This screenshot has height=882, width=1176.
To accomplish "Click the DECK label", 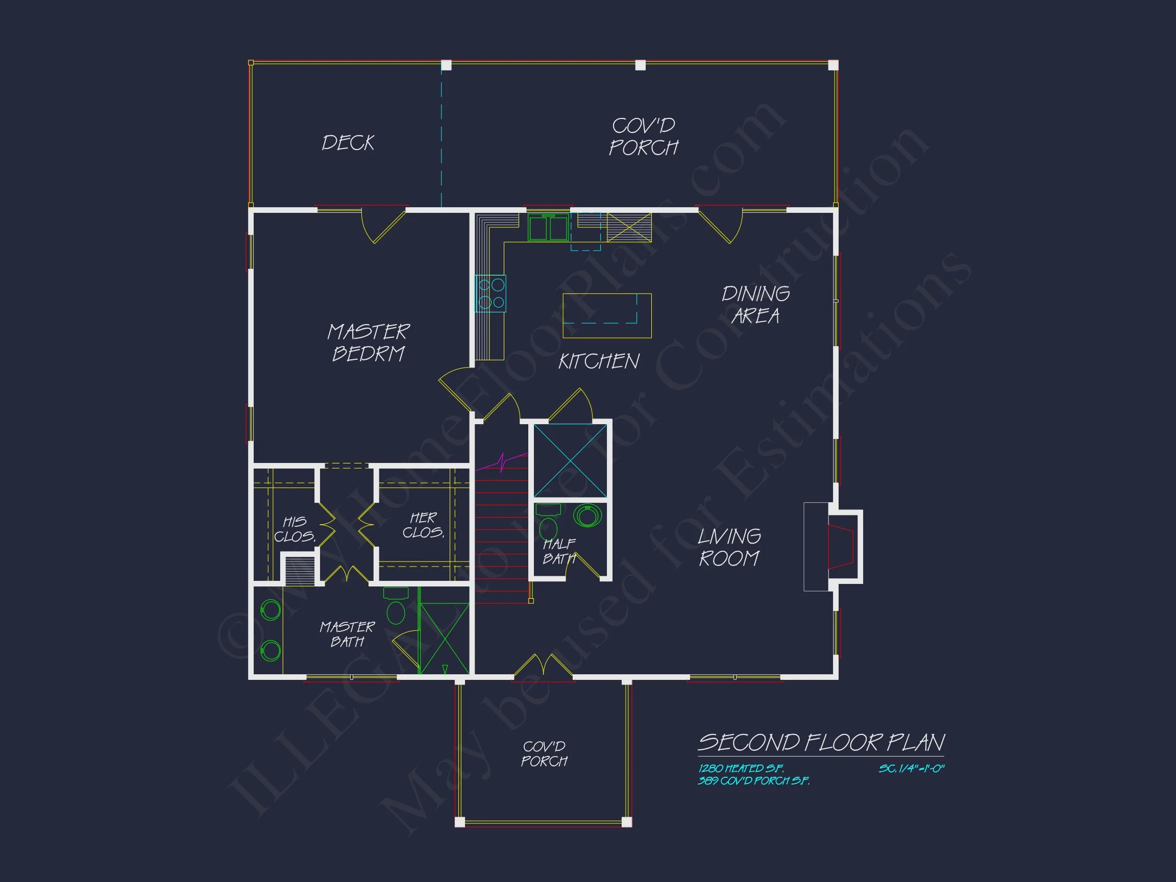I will pyautogui.click(x=348, y=142).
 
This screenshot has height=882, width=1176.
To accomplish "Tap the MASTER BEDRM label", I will pyautogui.click(x=369, y=342).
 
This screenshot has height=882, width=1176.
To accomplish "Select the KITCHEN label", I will pyautogui.click(x=599, y=361).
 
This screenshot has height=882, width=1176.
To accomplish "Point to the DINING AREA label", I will pyautogui.click(x=755, y=305).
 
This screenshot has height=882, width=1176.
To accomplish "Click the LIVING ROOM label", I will pyautogui.click(x=729, y=547).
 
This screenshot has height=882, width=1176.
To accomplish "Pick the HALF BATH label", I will pyautogui.click(x=558, y=551).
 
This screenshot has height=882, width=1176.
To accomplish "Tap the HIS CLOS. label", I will pyautogui.click(x=295, y=529).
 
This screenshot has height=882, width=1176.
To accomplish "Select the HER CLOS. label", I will pyautogui.click(x=423, y=525).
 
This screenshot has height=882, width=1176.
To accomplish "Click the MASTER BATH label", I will pyautogui.click(x=347, y=634).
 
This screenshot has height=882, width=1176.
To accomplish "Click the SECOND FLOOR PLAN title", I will pyautogui.click(x=821, y=743).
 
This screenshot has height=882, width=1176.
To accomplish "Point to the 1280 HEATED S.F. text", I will pyautogui.click(x=741, y=768).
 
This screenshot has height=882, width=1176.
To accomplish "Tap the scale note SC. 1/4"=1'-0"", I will pyautogui.click(x=911, y=768).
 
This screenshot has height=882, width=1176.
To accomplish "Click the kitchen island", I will pyautogui.click(x=606, y=316).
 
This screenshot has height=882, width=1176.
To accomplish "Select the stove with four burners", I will pyautogui.click(x=491, y=293).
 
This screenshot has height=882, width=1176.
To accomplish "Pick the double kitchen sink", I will pyautogui.click(x=548, y=228).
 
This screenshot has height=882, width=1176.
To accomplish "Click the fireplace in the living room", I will pyautogui.click(x=841, y=547).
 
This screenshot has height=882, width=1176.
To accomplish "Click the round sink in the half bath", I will pyautogui.click(x=587, y=515).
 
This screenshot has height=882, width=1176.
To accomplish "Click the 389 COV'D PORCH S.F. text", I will pyautogui.click(x=753, y=781).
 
